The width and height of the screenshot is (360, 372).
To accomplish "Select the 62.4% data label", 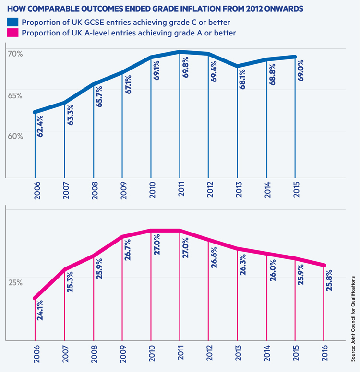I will point(40,126).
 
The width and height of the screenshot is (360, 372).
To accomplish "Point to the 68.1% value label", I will point(242,80).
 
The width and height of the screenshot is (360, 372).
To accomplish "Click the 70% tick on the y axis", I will point(14,53).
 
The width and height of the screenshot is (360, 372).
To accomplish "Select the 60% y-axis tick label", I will point(14,136).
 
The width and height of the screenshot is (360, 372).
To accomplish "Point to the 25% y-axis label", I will point(14,282).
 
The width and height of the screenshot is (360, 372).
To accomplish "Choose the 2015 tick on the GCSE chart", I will point(296,192).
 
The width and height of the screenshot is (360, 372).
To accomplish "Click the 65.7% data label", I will point(98,96).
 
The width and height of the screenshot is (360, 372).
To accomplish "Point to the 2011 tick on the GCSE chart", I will point(180,192).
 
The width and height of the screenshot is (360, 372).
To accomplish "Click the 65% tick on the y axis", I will point(14,95).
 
